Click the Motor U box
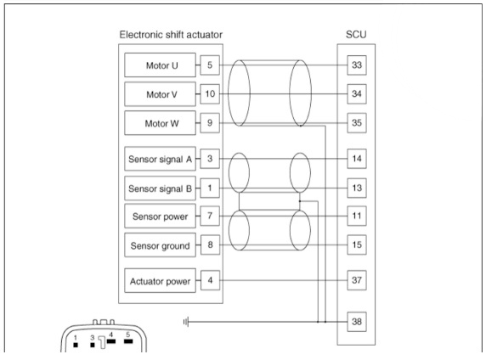point(160,65)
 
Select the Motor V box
point(160,94)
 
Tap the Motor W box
point(160,123)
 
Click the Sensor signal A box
point(160,159)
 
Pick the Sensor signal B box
point(160,188)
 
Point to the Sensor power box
point(160,216)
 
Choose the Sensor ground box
point(160,245)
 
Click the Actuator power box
point(160,281)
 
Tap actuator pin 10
point(210,94)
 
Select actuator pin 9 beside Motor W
point(210,122)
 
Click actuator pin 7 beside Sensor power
point(210,216)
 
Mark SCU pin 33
point(357,65)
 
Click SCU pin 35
point(357,122)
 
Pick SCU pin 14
point(357,159)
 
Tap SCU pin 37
point(357,280)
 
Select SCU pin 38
point(357,322)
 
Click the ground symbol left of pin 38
point(186,322)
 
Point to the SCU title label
point(356,35)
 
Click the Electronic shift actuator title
point(171,35)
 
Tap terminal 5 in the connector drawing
point(128,341)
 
